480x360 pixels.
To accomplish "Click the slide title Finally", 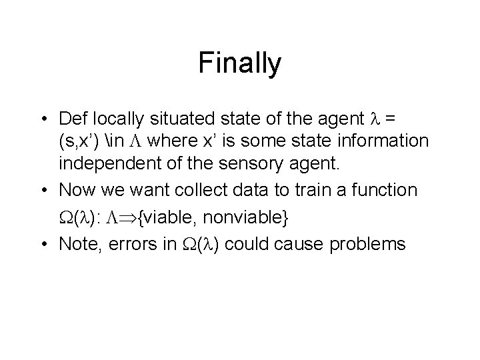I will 240,64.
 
